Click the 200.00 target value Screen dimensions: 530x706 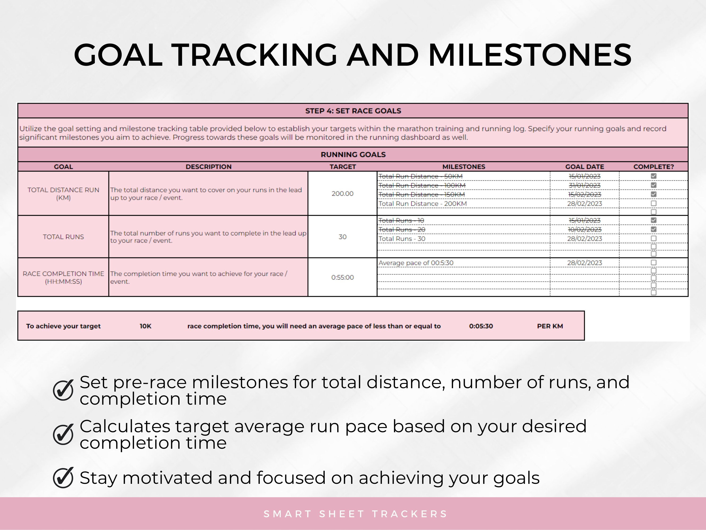tap(342, 194)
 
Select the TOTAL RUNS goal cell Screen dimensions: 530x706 tap(63, 237)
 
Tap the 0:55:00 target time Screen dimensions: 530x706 tap(342, 277)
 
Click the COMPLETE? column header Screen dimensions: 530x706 tap(653, 167)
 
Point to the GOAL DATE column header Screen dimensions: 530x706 tap(584, 167)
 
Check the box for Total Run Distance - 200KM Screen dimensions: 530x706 tap(653, 204)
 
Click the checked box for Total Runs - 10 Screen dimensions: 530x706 tap(653, 220)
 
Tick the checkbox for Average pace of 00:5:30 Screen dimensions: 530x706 tap(653, 263)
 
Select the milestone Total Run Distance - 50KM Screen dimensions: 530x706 tap(420, 176)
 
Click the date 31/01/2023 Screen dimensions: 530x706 tap(584, 185)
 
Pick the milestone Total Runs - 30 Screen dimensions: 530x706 tap(402, 239)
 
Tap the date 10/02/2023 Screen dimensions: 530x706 tap(584, 229)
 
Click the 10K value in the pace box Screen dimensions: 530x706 tap(145, 326)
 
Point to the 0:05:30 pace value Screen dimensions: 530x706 tap(481, 326)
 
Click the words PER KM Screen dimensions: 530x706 tap(550, 326)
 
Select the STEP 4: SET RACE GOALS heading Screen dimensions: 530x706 tap(353, 111)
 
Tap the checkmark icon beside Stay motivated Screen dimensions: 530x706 tap(63, 478)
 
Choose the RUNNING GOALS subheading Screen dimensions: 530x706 tap(353, 155)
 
